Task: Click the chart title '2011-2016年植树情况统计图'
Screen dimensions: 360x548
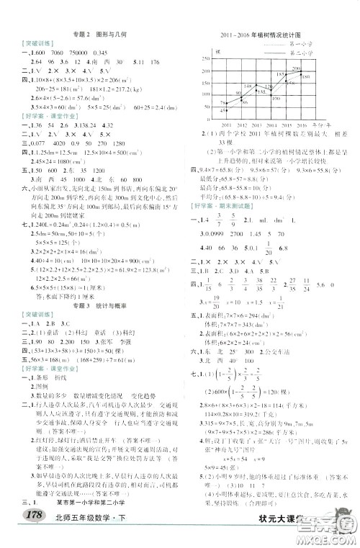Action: [261, 34]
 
